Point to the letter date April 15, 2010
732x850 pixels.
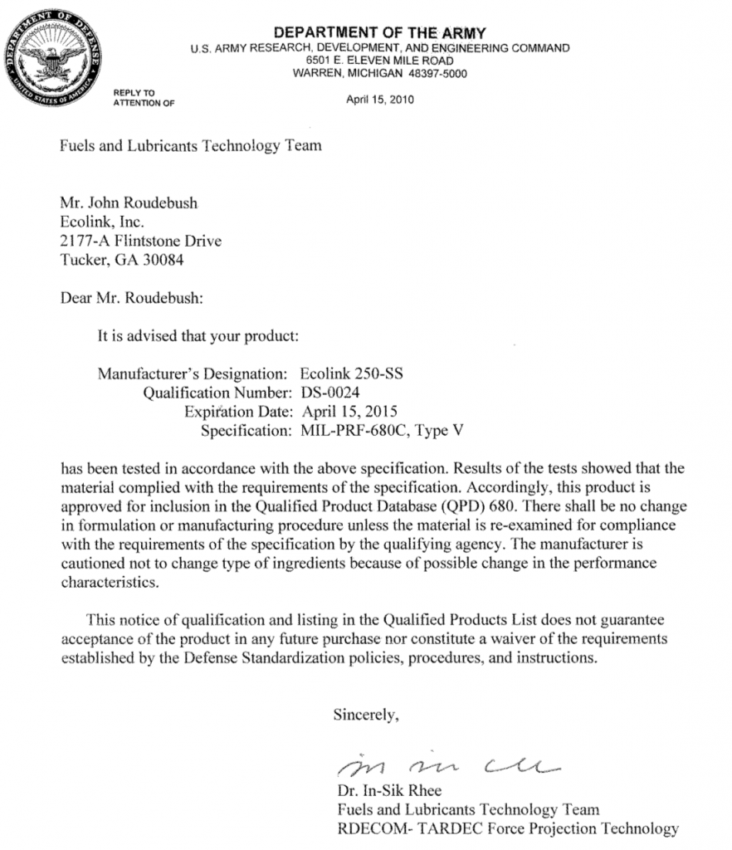(x=380, y=100)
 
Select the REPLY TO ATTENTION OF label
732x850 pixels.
(x=144, y=96)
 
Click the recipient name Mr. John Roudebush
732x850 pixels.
(x=129, y=204)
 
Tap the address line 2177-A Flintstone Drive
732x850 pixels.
(x=140, y=241)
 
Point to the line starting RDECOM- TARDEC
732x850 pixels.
(x=507, y=828)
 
